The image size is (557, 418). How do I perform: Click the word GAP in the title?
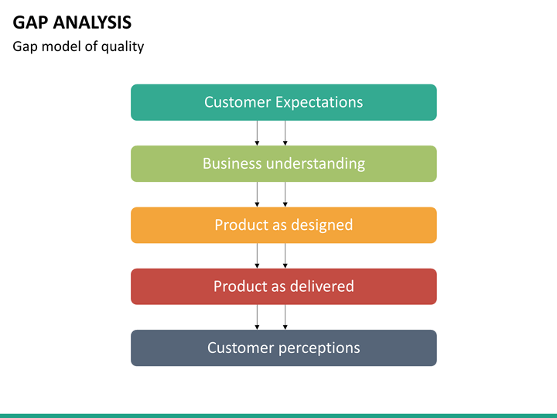[x=30, y=22]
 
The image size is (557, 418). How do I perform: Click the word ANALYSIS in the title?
[x=92, y=22]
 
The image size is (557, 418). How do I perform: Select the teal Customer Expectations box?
[x=284, y=102]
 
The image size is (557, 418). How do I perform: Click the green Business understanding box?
[x=284, y=164]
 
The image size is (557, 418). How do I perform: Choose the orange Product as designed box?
[x=284, y=225]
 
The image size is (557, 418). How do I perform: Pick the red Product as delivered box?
[x=284, y=286]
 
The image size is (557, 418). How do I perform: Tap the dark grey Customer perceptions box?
[x=284, y=348]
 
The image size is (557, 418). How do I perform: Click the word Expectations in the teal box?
[x=319, y=103]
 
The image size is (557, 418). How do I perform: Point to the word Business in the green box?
[x=232, y=163]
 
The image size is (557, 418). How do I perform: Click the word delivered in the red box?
[x=313, y=286]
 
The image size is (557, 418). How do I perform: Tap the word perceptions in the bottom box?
[x=319, y=348]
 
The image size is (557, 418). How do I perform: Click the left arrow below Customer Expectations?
[x=257, y=133]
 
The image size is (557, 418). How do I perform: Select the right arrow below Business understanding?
[x=285, y=194]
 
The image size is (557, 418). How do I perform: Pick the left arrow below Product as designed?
[x=257, y=256]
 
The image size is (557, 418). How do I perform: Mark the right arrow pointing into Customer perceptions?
[x=285, y=317]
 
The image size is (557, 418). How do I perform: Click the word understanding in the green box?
[x=316, y=164]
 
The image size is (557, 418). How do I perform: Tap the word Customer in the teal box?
[x=237, y=102]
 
